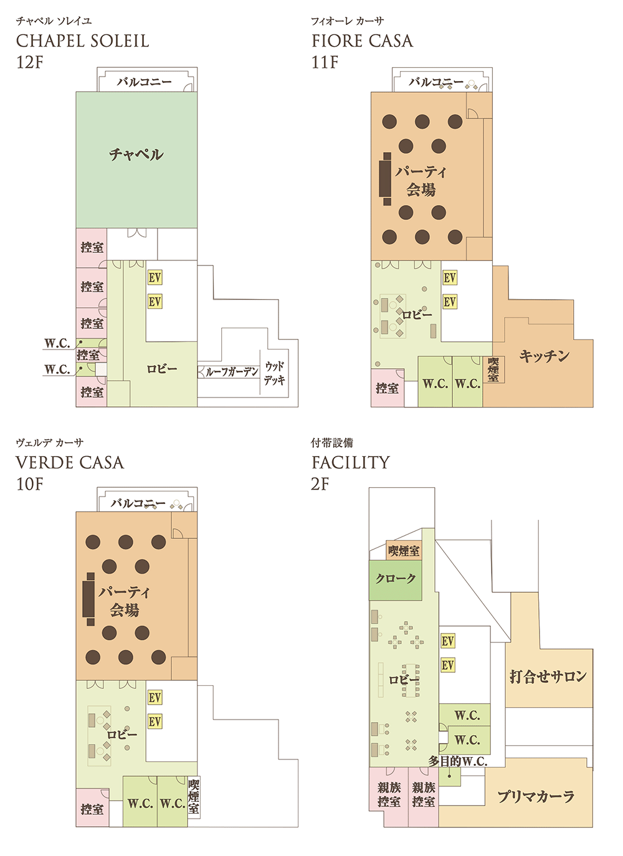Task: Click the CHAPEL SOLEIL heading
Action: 82,41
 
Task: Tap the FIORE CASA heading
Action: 362,41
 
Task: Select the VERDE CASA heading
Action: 70,463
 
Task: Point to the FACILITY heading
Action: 350,463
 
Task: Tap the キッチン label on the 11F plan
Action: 544,356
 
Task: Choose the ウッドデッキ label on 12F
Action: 274,373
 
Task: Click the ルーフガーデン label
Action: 231,372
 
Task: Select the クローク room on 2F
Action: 396,579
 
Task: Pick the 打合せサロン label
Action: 548,676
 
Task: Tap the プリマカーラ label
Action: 535,796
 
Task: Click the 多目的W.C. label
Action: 457,761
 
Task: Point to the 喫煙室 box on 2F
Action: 404,551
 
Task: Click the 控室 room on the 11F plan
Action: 387,388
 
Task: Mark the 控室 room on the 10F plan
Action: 92,809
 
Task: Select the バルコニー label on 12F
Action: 145,82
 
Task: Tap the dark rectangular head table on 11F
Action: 387,179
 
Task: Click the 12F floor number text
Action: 29,62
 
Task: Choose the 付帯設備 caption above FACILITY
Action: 331,443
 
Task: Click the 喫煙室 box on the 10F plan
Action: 194,797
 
